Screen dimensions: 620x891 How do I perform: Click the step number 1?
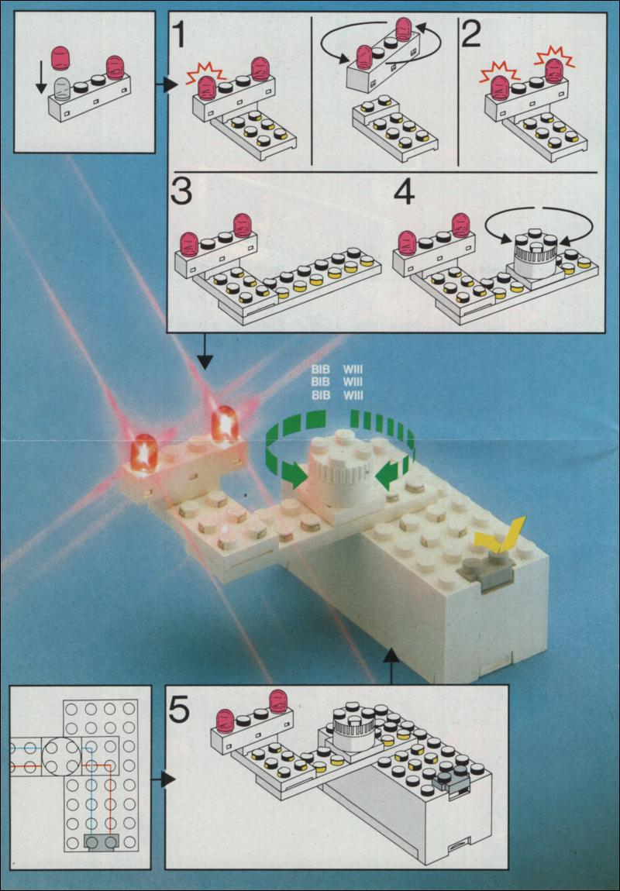[180, 33]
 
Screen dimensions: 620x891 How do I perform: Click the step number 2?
[471, 33]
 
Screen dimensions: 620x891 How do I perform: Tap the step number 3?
[181, 193]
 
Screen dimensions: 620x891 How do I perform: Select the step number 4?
[404, 193]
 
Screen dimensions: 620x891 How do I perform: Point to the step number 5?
[179, 710]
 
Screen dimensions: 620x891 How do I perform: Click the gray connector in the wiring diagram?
[102, 841]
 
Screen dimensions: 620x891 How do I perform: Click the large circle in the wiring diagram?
[63, 757]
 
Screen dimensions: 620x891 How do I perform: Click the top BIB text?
[321, 370]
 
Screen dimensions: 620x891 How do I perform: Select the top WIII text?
[353, 370]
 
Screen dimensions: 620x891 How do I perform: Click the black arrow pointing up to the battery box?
[391, 666]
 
